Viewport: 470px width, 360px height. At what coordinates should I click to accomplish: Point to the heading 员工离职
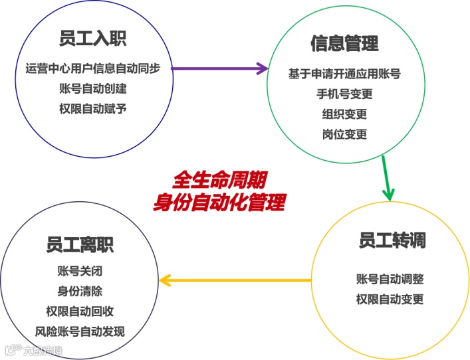pyautogui.click(x=80, y=244)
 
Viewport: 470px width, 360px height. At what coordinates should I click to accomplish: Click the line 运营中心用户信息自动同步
pyautogui.click(x=97, y=68)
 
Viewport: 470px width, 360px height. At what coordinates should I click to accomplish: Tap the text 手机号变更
pyautogui.click(x=344, y=94)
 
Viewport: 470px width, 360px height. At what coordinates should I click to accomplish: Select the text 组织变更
pyautogui.click(x=344, y=114)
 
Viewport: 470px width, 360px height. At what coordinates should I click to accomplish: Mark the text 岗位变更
pyautogui.click(x=344, y=134)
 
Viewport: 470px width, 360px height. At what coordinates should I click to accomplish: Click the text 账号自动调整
pyautogui.click(x=390, y=279)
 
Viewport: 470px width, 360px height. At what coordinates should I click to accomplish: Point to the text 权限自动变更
pyautogui.click(x=390, y=299)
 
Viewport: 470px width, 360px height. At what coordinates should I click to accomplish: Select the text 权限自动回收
pyautogui.click(x=80, y=311)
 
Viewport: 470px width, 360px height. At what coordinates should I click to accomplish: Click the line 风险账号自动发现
pyautogui.click(x=80, y=331)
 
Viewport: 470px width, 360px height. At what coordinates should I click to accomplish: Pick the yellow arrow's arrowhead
pyautogui.click(x=166, y=280)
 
